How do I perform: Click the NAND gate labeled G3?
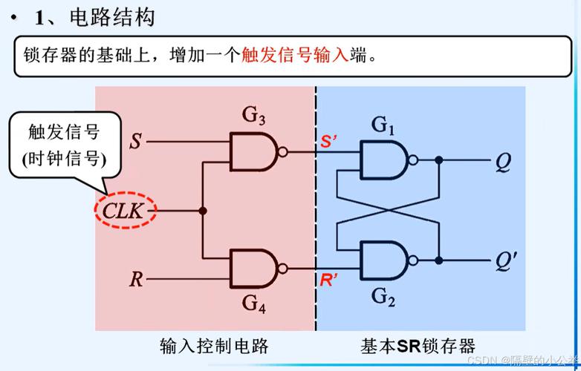253,151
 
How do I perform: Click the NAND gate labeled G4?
253,268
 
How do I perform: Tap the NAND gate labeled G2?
383,260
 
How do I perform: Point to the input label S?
135,139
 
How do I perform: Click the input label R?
136,280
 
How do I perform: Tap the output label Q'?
505,261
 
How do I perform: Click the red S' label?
329,142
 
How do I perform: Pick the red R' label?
329,281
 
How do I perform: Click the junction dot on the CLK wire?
203,211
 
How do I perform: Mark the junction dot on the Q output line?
440,160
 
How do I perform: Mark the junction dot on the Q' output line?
440,260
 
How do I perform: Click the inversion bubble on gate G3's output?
282,151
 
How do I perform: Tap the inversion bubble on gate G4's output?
282,268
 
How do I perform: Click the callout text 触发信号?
64,134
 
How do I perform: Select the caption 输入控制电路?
214,346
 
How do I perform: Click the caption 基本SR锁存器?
418,346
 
